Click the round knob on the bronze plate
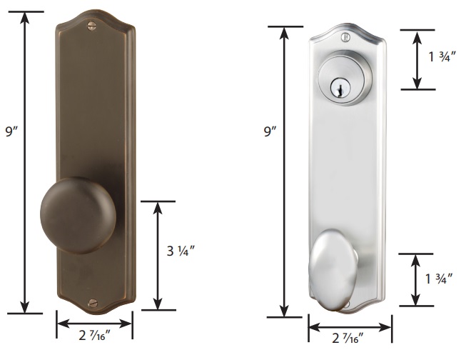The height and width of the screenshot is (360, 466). (78, 216)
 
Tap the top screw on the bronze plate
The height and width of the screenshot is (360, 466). (92, 26)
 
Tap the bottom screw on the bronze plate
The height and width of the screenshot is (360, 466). (93, 303)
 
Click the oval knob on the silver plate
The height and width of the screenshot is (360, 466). (333, 270)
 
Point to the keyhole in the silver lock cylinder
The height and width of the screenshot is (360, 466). (340, 88)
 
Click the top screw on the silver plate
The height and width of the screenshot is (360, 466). (345, 37)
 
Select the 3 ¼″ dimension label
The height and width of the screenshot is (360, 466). (181, 251)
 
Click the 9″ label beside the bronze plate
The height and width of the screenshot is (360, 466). (12, 131)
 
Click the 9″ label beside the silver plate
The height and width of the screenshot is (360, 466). (270, 131)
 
